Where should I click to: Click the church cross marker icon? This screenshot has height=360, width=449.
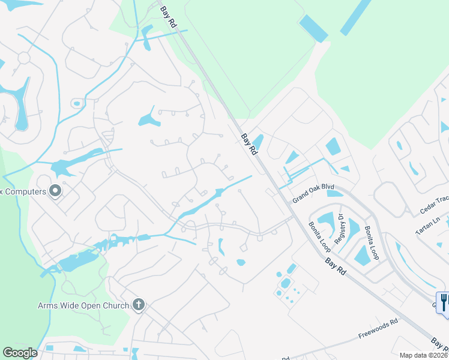point(139,305)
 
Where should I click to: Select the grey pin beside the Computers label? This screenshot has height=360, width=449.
point(56,191)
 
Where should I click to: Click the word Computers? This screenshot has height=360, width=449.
point(24,191)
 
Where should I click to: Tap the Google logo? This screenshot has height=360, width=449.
point(20,353)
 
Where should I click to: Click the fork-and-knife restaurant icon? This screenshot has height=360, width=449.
point(444,302)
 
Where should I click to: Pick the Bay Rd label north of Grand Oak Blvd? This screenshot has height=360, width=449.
point(249,145)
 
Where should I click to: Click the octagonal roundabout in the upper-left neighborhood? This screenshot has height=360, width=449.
point(25,58)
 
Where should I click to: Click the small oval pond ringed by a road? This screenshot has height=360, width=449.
point(76,104)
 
